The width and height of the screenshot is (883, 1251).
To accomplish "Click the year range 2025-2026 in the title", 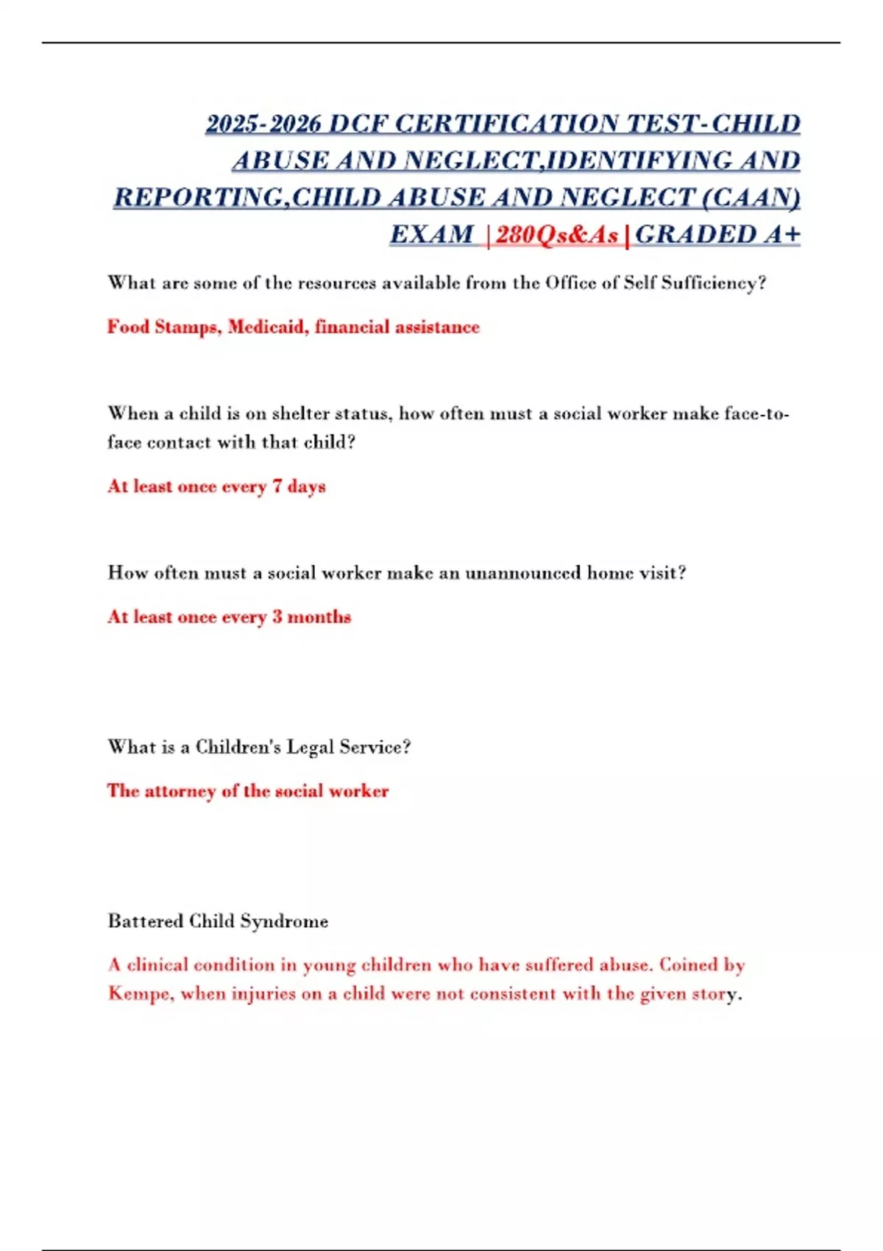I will click(263, 124).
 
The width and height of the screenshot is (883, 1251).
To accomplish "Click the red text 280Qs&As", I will click(557, 235).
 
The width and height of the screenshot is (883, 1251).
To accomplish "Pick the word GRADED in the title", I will click(695, 235).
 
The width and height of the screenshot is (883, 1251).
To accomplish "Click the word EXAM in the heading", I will click(431, 235).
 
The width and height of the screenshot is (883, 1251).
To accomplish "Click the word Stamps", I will click(187, 327).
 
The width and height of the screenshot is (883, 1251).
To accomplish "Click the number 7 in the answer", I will click(277, 486).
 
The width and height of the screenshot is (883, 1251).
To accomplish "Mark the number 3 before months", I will click(277, 617).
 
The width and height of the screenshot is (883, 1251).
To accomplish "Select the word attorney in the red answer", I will click(180, 791).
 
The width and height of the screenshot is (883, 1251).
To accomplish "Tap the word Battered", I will click(145, 921).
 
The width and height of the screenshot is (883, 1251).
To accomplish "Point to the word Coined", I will click(689, 965).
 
